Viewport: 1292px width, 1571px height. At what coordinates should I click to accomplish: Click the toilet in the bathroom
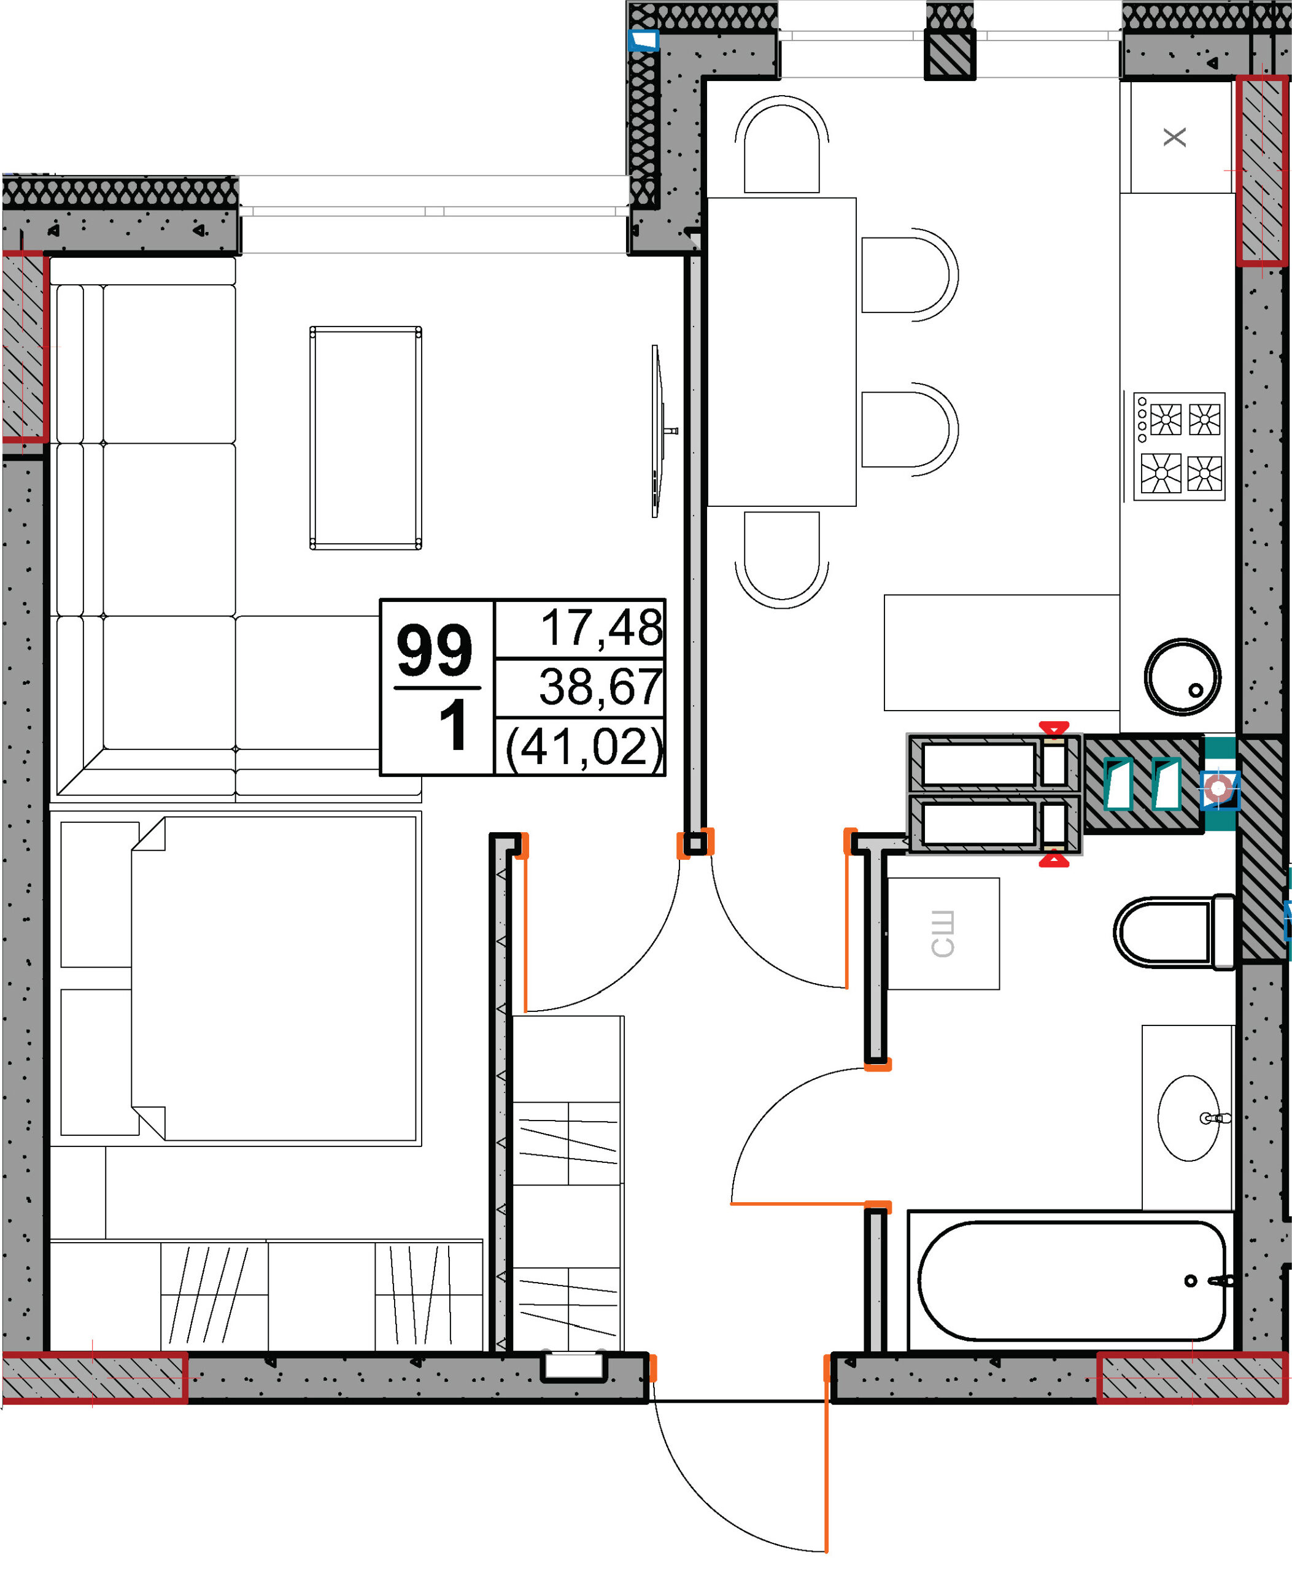coord(1174,932)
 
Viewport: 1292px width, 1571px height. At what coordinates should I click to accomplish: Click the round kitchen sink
coord(1182,676)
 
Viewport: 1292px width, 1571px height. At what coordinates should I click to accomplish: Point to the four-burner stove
coord(1180,447)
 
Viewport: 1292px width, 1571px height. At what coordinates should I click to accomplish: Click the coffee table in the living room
coord(365,438)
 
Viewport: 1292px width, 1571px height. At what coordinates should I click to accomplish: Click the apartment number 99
coord(435,650)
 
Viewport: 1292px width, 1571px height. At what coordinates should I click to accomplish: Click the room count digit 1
coord(452,725)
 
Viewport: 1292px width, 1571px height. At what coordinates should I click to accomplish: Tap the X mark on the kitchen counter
coord(1174,137)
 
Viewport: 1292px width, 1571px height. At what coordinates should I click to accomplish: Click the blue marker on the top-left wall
coord(644,40)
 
